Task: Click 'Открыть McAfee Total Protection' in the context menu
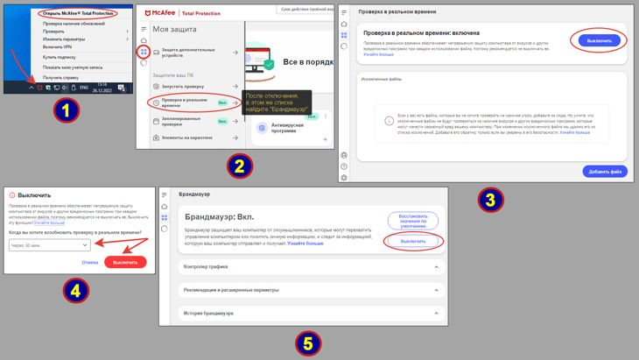point(78,13)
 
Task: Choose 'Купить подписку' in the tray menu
point(60,57)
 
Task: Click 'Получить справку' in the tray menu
point(60,77)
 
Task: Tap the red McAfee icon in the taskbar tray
point(39,88)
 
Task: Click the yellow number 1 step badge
point(67,109)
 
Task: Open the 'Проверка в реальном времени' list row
point(186,102)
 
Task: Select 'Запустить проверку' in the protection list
point(183,86)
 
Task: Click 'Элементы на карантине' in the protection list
point(186,138)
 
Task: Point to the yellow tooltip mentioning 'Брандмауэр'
point(277,102)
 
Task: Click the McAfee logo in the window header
point(160,13)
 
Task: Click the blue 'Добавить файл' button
point(605,172)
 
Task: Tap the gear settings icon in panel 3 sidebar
point(344,178)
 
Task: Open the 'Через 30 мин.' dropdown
point(50,245)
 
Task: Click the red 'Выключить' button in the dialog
point(125,262)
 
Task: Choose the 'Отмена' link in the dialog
point(90,262)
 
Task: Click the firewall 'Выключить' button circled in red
point(413,241)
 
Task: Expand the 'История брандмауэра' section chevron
point(436,313)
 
